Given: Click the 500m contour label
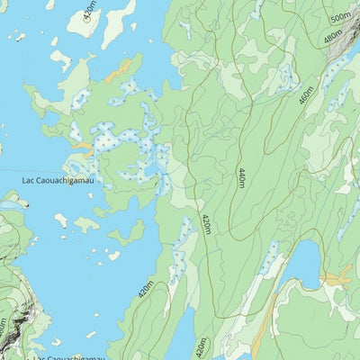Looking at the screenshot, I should pyautogui.click(x=340, y=17).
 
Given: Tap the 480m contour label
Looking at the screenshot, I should pyautogui.click(x=332, y=38).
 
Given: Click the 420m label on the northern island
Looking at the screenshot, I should pyautogui.click(x=87, y=11).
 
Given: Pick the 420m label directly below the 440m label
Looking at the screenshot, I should pyautogui.click(x=206, y=224).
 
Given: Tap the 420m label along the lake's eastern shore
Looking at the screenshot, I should pyautogui.click(x=145, y=289).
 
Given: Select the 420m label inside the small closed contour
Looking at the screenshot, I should pyautogui.click(x=200, y=346).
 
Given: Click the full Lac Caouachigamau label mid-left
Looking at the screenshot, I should pyautogui.click(x=58, y=181).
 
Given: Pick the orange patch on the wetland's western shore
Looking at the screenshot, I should pyautogui.click(x=82, y=145).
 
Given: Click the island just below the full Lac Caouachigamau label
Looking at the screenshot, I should pyautogui.click(x=61, y=219).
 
